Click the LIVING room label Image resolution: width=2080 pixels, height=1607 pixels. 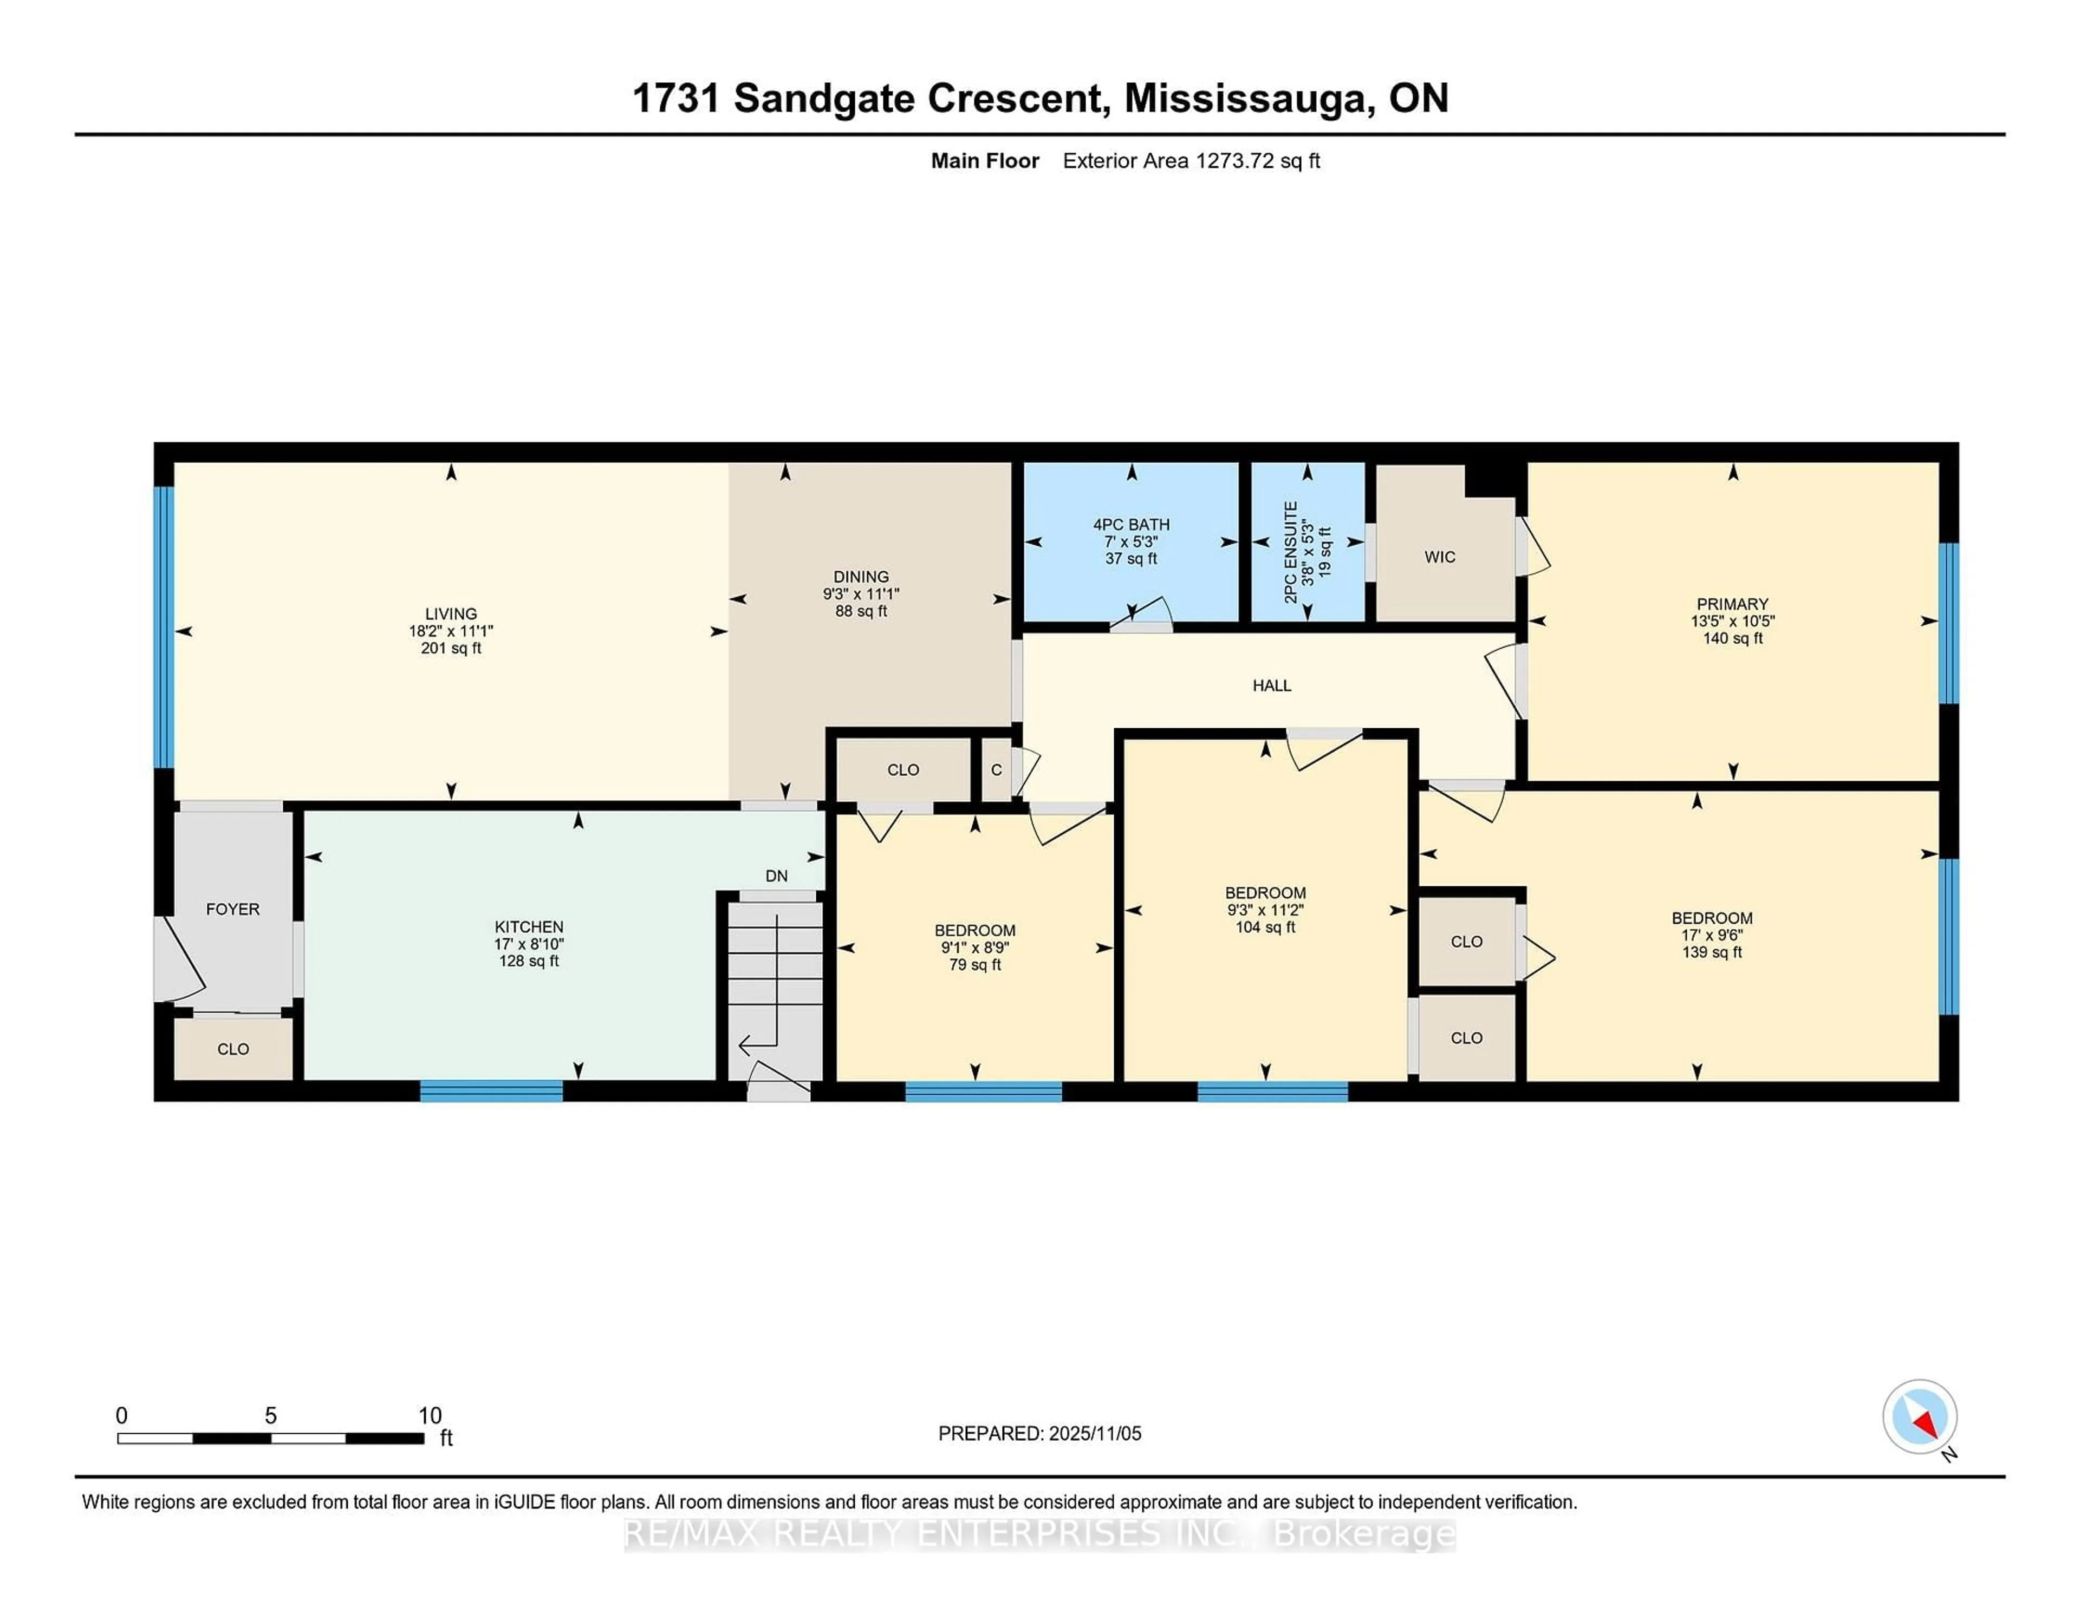[451, 614]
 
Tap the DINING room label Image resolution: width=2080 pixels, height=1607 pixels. [861, 577]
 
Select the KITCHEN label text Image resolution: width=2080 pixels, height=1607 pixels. [529, 926]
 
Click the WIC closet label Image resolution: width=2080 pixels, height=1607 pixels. [1439, 557]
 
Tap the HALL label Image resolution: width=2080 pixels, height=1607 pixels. [1271, 685]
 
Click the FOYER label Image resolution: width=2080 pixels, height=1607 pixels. [232, 909]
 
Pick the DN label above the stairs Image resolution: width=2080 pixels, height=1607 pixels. [776, 876]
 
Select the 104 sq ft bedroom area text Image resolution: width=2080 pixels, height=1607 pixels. [1265, 927]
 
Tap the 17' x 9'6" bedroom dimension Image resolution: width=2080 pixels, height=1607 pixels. [1712, 935]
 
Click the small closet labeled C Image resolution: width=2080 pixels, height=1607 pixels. [996, 770]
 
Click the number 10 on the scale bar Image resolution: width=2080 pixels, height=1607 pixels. [430, 1416]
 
